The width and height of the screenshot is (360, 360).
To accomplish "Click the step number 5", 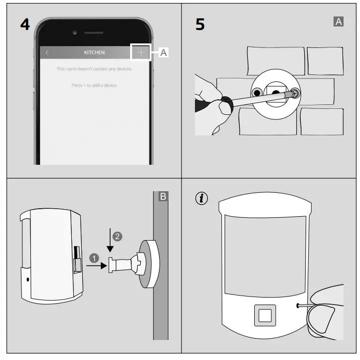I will pyautogui.click(x=199, y=25).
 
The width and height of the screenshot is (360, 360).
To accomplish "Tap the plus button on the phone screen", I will pyautogui.click(x=141, y=52).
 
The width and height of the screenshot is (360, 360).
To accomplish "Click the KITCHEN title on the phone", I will pyautogui.click(x=94, y=52).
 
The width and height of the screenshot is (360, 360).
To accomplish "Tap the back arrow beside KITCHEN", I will pyautogui.click(x=47, y=52).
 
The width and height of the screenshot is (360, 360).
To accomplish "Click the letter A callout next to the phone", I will pyautogui.click(x=164, y=52).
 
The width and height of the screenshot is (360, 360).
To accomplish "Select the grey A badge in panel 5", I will pyautogui.click(x=339, y=21).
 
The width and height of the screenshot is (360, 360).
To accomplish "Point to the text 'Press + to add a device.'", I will pyautogui.click(x=94, y=85).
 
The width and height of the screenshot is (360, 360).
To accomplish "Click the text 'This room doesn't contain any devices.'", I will pyautogui.click(x=94, y=68).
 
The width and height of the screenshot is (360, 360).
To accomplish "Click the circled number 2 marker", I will pyautogui.click(x=118, y=236).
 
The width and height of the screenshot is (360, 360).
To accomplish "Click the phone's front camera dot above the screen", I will pyautogui.click(x=75, y=32).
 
